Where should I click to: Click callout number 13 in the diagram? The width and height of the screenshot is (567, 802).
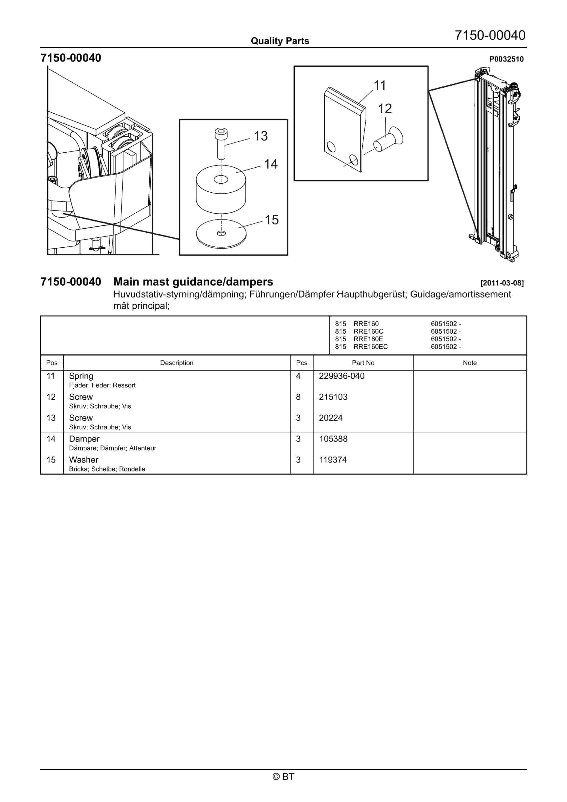pos(261,136)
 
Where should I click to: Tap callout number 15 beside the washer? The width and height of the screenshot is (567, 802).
pos(272,220)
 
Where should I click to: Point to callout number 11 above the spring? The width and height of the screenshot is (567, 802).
pos(380,85)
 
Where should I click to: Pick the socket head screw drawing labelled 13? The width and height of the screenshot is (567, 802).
pos(221,143)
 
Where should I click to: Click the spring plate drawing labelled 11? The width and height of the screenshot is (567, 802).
pos(344,129)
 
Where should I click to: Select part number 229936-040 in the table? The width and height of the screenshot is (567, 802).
pos(342,376)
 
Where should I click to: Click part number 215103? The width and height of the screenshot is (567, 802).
pos(333,397)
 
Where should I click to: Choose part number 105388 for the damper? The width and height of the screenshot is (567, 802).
pos(333,439)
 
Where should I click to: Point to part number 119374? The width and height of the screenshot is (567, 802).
pos(333,460)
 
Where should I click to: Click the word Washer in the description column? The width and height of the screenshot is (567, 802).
pos(84,460)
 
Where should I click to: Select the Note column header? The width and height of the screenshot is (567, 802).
pos(470,363)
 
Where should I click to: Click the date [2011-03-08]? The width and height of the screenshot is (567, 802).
pos(502,283)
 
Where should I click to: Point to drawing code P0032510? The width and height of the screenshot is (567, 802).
pos(506,59)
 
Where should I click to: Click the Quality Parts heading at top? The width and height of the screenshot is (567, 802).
pos(280,41)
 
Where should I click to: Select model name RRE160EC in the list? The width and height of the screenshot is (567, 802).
pos(370,347)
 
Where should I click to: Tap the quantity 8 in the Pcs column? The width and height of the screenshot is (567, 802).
pos(298,397)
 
